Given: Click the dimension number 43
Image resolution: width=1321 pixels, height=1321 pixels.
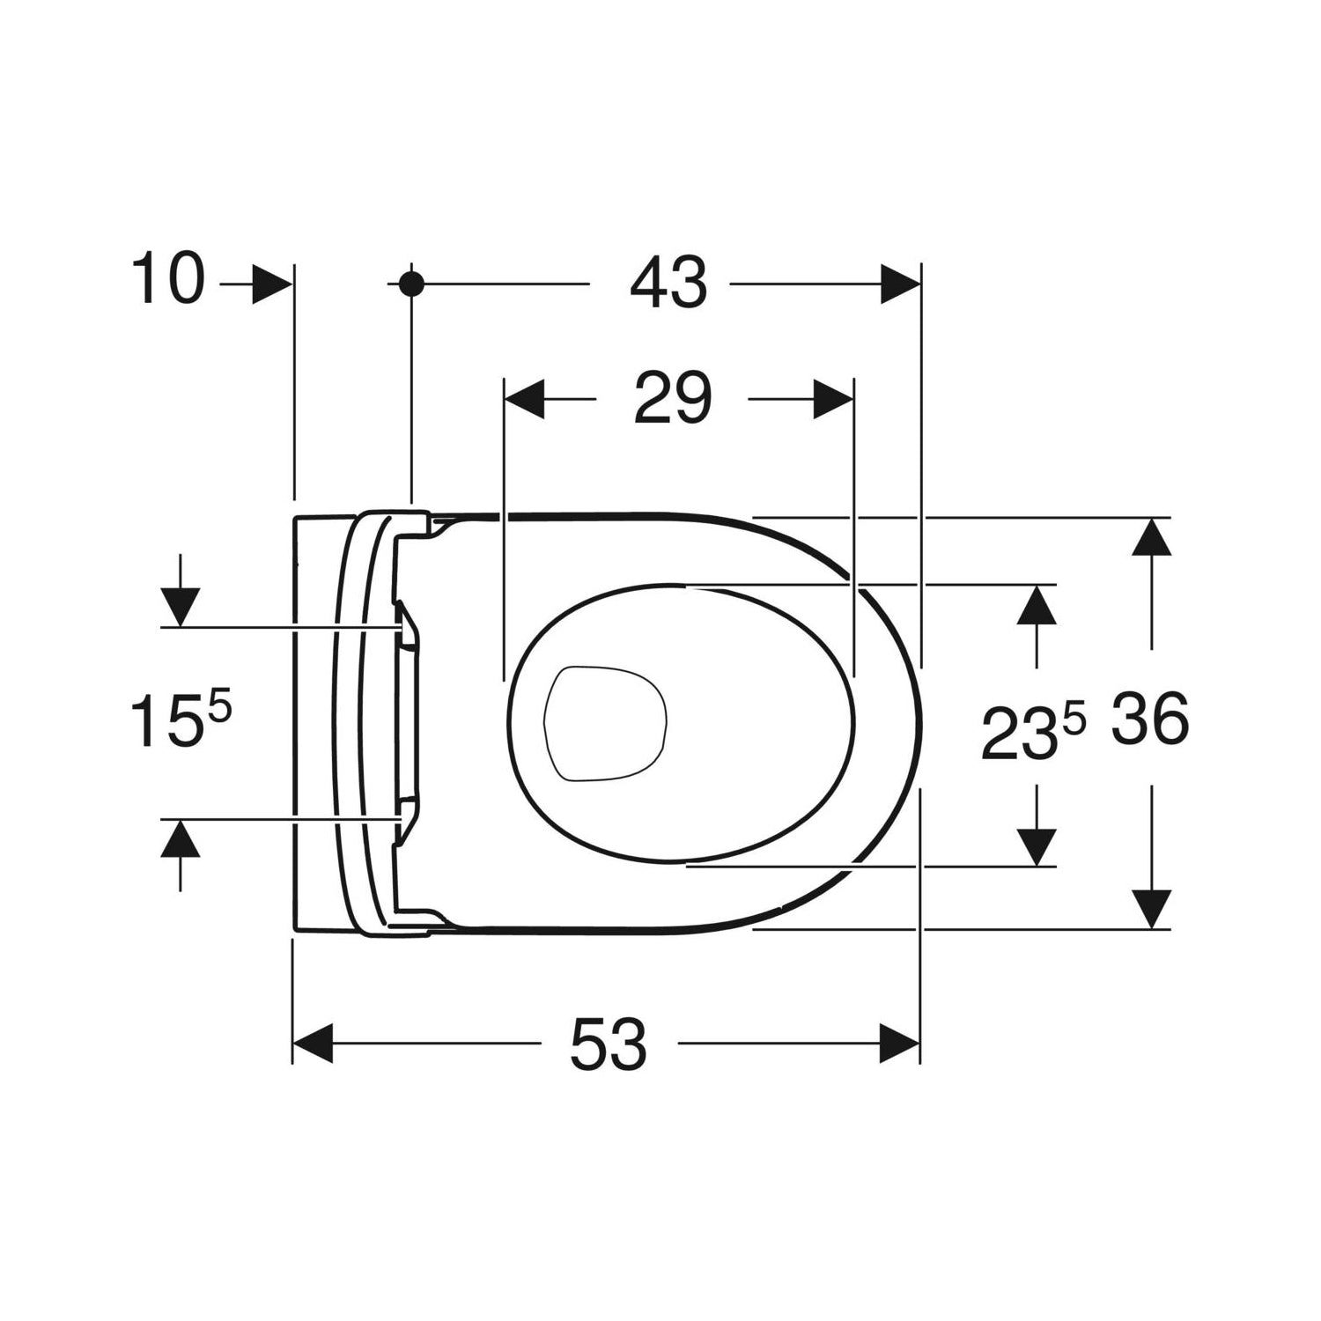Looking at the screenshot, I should point(668,284).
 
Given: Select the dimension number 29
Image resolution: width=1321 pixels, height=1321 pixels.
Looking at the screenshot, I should point(672,399).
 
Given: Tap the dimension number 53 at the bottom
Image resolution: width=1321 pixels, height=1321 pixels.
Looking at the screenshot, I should point(609,1044).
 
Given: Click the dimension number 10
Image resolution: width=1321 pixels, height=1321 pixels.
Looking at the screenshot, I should point(168,280).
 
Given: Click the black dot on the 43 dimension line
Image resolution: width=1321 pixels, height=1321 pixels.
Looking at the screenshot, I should point(411,284).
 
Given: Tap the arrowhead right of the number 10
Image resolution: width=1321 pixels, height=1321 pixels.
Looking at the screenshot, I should point(271,284).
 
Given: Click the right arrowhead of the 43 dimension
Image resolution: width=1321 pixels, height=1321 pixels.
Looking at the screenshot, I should point(900,284).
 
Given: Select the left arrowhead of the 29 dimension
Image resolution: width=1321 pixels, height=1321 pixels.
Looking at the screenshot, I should point(523,400).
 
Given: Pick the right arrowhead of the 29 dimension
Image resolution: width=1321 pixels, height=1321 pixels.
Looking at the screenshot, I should point(832,400).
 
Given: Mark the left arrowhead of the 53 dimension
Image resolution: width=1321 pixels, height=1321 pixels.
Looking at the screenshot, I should point(314,1044).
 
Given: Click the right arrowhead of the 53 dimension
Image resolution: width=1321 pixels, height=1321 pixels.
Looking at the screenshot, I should point(899,1044).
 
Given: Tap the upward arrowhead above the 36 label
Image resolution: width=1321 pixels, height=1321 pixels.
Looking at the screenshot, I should point(1152,539).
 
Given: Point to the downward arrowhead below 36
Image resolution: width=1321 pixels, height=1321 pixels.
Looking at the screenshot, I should point(1152,908).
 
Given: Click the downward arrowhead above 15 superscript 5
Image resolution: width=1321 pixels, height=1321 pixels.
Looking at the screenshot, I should point(181,607).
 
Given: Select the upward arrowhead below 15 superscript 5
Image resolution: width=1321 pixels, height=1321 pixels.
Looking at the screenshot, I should point(181,838).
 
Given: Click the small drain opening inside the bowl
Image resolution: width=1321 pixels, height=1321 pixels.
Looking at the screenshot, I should point(605,722).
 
